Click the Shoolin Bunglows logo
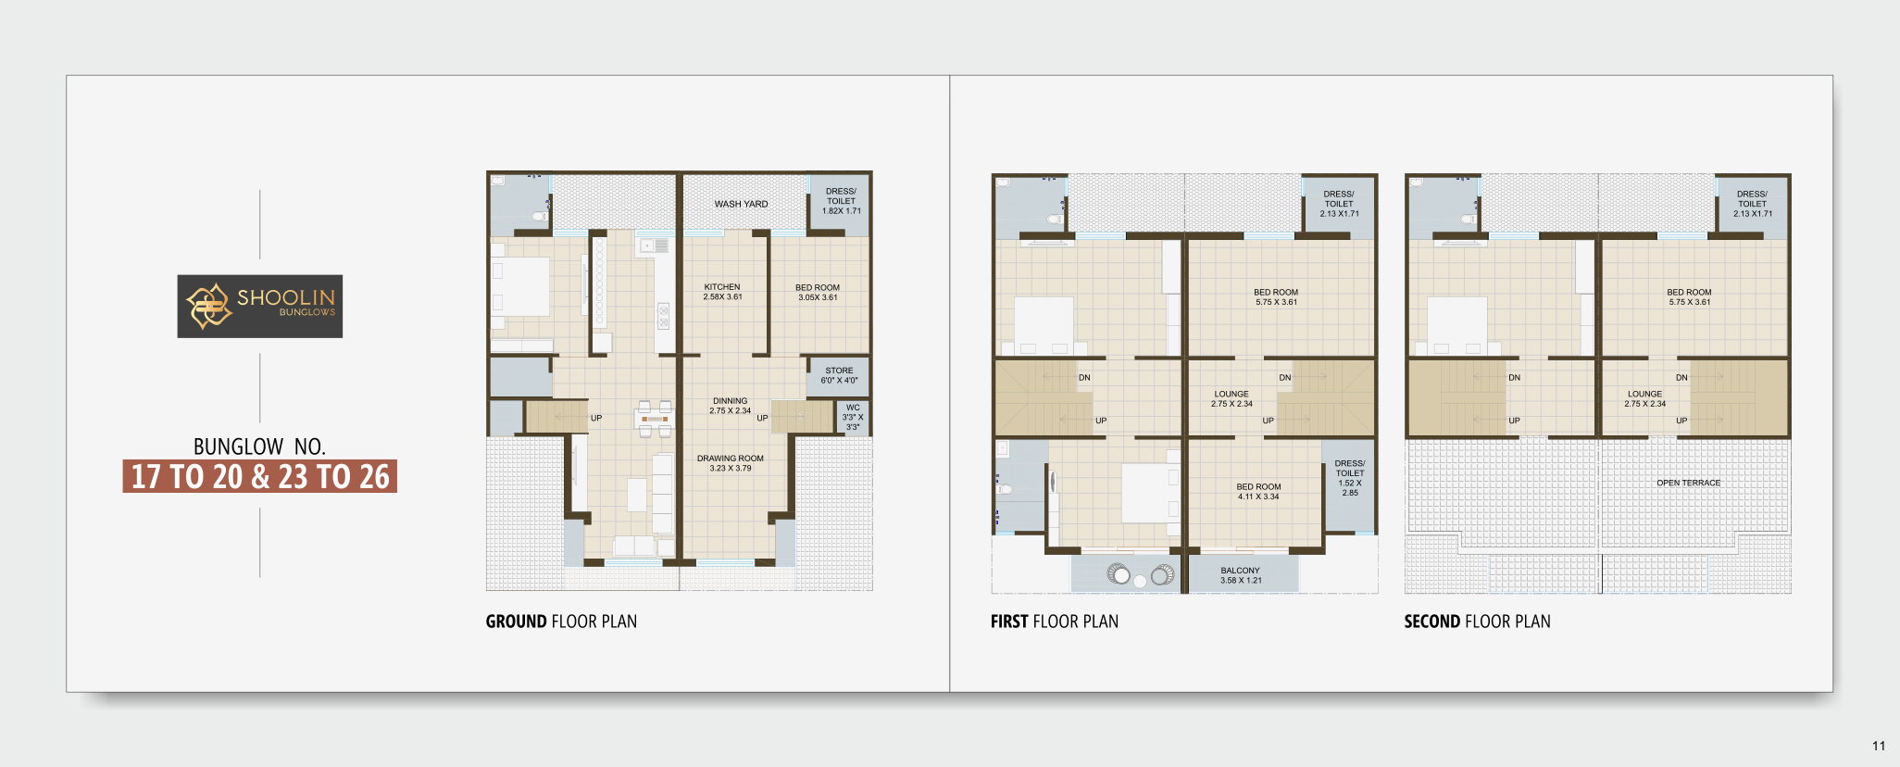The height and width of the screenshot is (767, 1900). tap(260, 306)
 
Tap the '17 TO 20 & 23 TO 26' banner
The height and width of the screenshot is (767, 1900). tap(260, 476)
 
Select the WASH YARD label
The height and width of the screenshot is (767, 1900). tap(741, 204)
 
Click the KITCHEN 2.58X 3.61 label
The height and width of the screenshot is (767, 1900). tap(722, 292)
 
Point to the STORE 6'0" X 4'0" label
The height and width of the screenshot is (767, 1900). tap(839, 375)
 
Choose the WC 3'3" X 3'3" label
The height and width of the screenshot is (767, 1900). tap(853, 417)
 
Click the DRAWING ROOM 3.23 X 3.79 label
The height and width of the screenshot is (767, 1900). tap(731, 463)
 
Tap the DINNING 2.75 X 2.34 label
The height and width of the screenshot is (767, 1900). tap(731, 406)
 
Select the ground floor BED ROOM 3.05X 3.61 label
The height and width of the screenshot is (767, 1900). tap(818, 293)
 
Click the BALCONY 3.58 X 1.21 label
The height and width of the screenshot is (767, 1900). tap(1241, 575)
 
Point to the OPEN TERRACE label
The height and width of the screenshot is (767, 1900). tap(1689, 483)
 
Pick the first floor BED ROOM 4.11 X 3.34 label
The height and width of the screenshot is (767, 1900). tap(1258, 491)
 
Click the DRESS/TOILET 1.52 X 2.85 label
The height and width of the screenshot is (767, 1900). tap(1350, 478)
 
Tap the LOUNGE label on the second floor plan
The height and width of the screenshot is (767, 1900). tap(1644, 394)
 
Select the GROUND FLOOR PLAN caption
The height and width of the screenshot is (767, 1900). tap(561, 622)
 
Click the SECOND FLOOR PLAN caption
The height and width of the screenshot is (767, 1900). tap(1477, 622)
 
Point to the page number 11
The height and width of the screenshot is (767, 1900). tap(1879, 746)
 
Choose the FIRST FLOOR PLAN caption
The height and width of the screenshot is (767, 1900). tap(1055, 622)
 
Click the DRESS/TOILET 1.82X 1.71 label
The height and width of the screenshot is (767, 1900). tap(841, 201)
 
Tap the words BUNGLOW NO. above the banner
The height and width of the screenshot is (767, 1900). tap(259, 446)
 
